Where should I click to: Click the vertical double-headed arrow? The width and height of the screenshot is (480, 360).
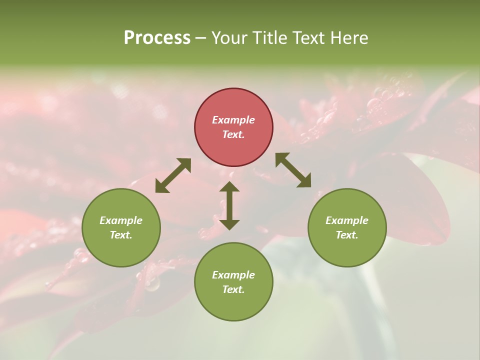(229, 205)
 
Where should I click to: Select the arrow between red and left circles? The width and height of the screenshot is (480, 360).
(173, 175)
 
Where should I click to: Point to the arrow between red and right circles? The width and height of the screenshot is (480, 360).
(293, 170)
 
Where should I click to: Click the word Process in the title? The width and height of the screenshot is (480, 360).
(157, 38)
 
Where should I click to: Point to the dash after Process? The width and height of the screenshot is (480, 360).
(201, 38)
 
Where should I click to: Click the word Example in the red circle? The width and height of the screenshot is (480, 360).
(233, 120)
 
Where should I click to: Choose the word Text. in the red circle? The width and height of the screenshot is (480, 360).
(233, 134)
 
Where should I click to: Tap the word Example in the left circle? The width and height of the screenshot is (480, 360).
(121, 220)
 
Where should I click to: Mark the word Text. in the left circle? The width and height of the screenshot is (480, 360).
(121, 235)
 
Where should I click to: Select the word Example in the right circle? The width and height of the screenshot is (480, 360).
(347, 220)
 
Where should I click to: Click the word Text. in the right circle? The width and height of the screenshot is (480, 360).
(347, 235)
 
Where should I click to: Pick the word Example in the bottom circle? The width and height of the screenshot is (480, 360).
(233, 275)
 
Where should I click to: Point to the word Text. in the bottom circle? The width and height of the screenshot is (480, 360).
(233, 289)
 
